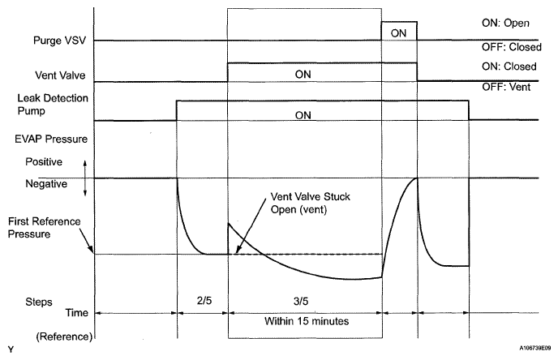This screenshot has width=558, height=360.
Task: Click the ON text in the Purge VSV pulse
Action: (399, 33)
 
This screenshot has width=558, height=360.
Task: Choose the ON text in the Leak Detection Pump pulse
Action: (303, 115)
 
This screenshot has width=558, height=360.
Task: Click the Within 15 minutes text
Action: (304, 321)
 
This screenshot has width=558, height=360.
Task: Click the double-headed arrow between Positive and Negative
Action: (85, 176)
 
